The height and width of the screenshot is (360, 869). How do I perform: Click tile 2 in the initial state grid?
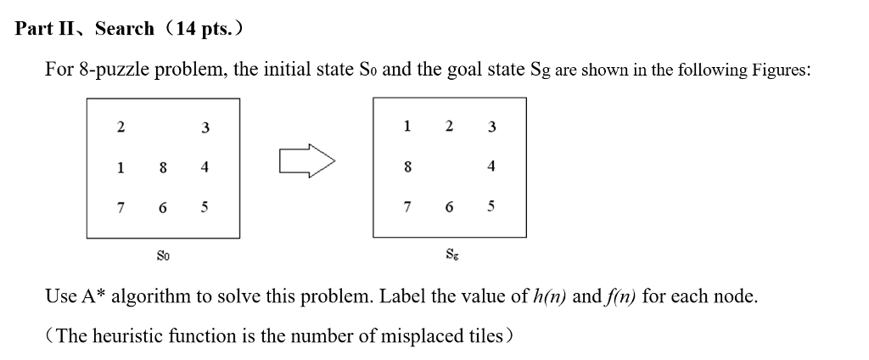121,127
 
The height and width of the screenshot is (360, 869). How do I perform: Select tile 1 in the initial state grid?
121,168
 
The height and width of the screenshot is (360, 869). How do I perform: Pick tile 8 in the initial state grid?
162,168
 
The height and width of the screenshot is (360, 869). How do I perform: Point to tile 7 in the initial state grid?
121,207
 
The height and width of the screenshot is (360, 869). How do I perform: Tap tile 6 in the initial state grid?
162,207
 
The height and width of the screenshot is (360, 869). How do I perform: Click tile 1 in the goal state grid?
407,127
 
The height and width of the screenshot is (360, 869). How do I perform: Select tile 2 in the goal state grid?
450,127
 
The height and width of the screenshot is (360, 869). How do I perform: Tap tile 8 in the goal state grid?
407,167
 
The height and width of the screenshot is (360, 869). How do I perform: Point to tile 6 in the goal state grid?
450,207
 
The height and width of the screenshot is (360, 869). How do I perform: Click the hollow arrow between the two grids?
306,159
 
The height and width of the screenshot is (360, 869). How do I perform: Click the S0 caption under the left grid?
163,253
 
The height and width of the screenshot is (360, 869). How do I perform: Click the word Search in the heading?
124,29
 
